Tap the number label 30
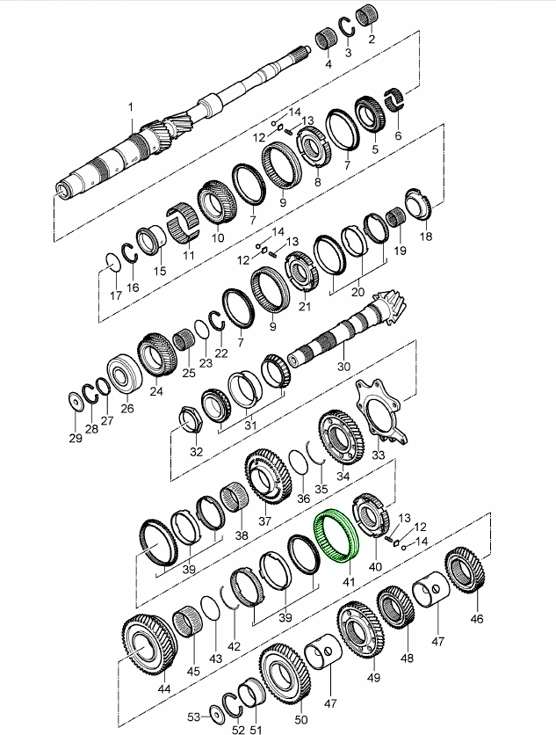pyautogui.click(x=343, y=366)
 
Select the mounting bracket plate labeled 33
pyautogui.click(x=380, y=412)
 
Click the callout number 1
pyautogui.click(x=131, y=107)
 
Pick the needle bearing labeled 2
pyautogui.click(x=367, y=17)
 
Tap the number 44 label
pyautogui.click(x=164, y=689)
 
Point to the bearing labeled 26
pyautogui.click(x=124, y=374)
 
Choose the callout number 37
pyautogui.click(x=264, y=520)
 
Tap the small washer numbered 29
pyautogui.click(x=75, y=401)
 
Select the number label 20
pyautogui.click(x=357, y=292)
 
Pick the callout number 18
pyautogui.click(x=426, y=237)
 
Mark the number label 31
pyautogui.click(x=250, y=426)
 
